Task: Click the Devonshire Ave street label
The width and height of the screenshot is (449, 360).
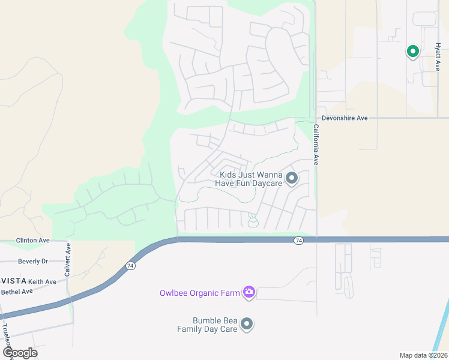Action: point(345,118)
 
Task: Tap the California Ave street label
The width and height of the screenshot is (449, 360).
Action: point(316,144)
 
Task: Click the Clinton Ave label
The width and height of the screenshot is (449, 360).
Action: point(32,240)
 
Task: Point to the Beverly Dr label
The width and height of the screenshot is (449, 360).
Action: point(33,262)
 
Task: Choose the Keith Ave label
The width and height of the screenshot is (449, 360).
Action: point(42,281)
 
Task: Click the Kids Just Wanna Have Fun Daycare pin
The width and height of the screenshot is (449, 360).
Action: point(292,178)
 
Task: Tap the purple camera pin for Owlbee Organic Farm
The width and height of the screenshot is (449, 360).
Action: point(249,292)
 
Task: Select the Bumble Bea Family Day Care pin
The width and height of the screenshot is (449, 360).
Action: point(247,325)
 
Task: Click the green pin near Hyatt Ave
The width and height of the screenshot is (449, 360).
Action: point(412,52)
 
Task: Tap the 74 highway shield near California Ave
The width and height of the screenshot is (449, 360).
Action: point(298,241)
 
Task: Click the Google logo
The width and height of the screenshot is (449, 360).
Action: point(20,353)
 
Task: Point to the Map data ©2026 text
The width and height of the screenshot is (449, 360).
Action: point(423,355)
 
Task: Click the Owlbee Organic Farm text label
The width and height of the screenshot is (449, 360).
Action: point(199,293)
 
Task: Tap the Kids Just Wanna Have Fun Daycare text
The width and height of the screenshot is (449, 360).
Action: point(247,179)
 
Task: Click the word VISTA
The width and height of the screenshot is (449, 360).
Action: point(11,281)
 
